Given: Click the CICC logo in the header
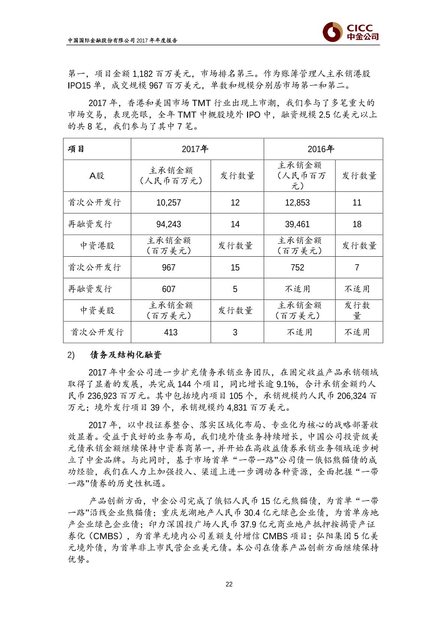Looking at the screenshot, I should (350, 33).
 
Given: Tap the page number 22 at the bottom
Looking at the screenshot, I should (229, 584).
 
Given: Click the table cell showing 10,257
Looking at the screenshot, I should (169, 203).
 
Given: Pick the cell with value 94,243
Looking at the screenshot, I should (169, 224).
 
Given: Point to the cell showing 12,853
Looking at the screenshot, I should (297, 203).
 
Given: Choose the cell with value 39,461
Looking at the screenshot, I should (297, 224).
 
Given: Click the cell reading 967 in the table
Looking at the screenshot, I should (169, 268).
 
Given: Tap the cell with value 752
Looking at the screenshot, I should (297, 268).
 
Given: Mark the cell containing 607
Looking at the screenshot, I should (169, 289).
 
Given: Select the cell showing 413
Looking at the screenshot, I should (171, 332).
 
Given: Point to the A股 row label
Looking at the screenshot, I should (97, 176).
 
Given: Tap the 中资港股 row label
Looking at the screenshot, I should (97, 246).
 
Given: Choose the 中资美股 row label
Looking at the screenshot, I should (97, 311).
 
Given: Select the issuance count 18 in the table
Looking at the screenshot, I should (357, 224).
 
